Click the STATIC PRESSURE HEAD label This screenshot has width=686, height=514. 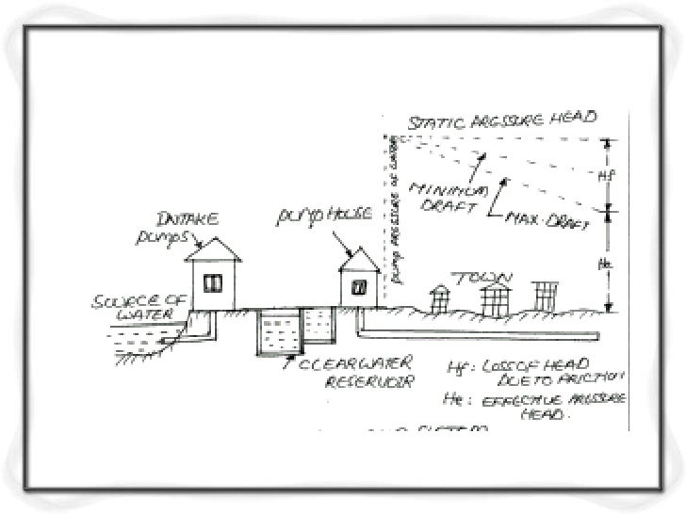coord(501,120)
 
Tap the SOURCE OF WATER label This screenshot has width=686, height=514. coord(131,309)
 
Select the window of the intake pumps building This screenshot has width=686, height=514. coord(212,280)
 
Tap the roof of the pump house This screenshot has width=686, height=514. coord(359,256)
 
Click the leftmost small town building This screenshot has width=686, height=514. coord(439,298)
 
